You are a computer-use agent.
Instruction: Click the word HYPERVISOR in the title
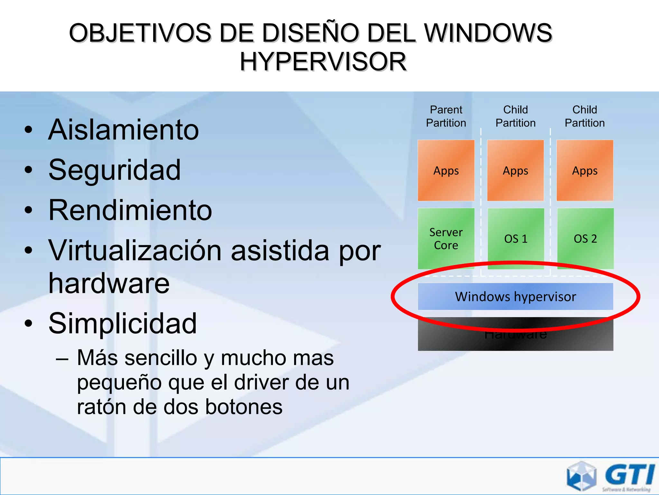tap(323, 62)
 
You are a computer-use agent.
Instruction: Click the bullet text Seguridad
tap(115, 170)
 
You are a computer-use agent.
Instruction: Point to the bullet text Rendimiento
tap(130, 210)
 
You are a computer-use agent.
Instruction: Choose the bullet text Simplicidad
tap(122, 323)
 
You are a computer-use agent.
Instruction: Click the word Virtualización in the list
tap(135, 250)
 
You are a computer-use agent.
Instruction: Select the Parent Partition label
tap(446, 116)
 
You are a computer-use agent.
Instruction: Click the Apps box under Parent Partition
tap(446, 170)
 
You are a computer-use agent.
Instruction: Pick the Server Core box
tap(446, 238)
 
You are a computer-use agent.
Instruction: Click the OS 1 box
tap(515, 238)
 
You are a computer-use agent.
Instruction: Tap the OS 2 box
tap(585, 238)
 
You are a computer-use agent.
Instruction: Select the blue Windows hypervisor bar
tap(515, 296)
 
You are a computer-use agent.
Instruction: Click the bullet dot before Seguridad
tap(29, 170)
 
